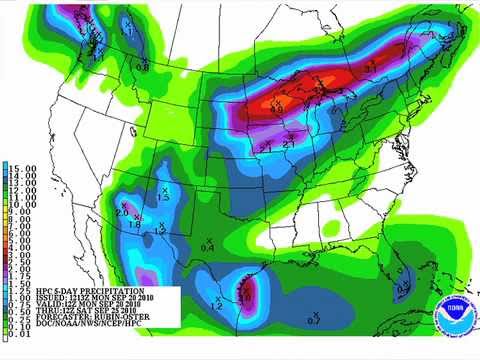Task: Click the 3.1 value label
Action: [x=370, y=67]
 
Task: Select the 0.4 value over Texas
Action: [x=207, y=246]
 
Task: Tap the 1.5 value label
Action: [x=165, y=197]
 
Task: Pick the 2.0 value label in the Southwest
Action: [x=121, y=213]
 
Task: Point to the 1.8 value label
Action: [x=134, y=224]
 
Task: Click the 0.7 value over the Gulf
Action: [x=313, y=320]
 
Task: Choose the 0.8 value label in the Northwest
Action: [x=142, y=68]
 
